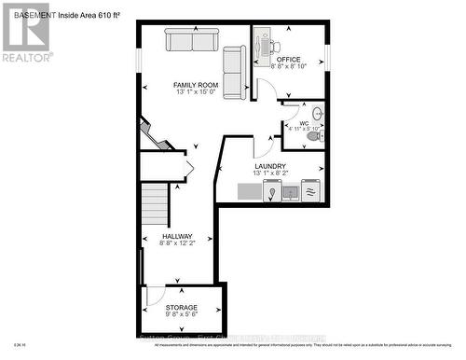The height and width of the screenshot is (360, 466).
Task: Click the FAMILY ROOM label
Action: [x=195, y=85]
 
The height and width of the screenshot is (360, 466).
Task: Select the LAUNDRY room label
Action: [x=270, y=166]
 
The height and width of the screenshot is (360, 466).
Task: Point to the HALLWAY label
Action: [x=177, y=236]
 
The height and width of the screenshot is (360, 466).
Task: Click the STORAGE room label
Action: [x=182, y=307]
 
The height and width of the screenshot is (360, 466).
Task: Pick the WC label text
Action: [x=302, y=122]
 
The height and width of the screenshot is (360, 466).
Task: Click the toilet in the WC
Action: [x=314, y=136]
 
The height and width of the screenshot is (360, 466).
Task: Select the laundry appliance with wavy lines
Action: [x=310, y=190]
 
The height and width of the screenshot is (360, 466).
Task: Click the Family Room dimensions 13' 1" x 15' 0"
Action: [x=195, y=92]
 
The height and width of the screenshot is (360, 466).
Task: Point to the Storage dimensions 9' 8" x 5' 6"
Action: [x=182, y=314]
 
